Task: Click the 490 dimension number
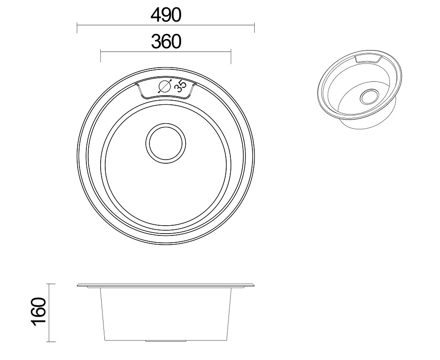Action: point(166,16)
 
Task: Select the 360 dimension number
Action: point(166,41)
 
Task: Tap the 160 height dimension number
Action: point(39,312)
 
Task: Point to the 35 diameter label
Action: point(180,86)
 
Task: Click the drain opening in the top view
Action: point(166,143)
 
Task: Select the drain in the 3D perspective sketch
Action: point(368,97)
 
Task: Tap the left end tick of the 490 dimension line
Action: point(77,28)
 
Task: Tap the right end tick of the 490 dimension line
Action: point(254,28)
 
